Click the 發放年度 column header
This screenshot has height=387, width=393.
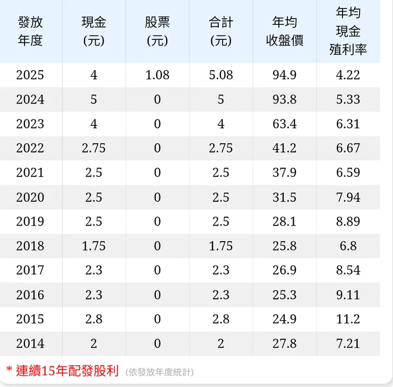click(30, 31)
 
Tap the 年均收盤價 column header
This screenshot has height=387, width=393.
click(285, 31)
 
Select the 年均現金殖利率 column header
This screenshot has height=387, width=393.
click(348, 31)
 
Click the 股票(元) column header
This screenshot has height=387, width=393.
click(157, 31)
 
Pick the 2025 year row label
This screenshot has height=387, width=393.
click(30, 75)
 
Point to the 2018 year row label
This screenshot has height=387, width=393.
click(30, 246)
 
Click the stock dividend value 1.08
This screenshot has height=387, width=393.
click(157, 75)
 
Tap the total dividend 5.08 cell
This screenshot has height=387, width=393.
click(221, 75)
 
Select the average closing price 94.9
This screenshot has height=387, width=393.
click(285, 75)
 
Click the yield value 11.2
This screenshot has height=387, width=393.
click(348, 320)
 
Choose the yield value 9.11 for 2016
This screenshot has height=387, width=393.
click(348, 295)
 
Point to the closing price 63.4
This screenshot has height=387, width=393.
click(285, 124)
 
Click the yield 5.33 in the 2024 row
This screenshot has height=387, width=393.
click(348, 100)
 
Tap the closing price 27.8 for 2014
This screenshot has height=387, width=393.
click(285, 344)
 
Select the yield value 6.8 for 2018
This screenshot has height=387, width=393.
click(348, 246)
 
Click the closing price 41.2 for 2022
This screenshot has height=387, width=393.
click(285, 149)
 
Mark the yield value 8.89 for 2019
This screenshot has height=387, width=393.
click(348, 222)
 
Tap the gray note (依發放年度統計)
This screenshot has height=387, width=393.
click(160, 372)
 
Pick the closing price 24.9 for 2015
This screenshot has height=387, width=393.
click(285, 320)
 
